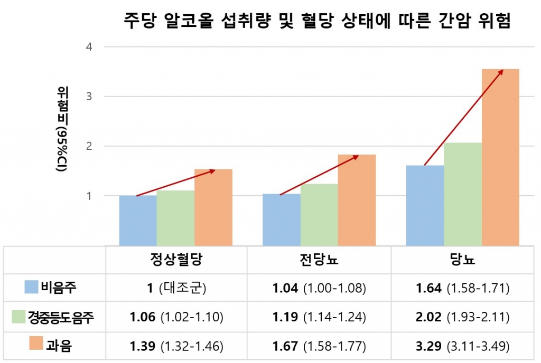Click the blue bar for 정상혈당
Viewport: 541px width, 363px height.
click(138, 220)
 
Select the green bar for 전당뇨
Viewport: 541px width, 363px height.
click(319, 214)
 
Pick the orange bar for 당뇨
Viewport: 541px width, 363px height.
click(500, 157)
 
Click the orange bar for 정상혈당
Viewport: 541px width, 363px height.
click(213, 207)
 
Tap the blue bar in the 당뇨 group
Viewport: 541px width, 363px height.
click(425, 205)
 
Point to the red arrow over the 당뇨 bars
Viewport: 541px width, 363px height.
click(463, 117)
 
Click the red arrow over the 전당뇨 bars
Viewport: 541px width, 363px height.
click(319, 175)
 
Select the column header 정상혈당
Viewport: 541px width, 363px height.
click(176, 260)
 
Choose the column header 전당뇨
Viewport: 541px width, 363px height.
click(319, 260)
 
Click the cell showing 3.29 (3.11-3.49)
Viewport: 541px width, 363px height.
click(463, 346)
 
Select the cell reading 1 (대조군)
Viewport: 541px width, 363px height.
click(176, 288)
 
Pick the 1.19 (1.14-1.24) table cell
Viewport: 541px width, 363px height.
click(319, 317)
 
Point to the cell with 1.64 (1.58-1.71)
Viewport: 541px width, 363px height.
click(463, 288)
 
